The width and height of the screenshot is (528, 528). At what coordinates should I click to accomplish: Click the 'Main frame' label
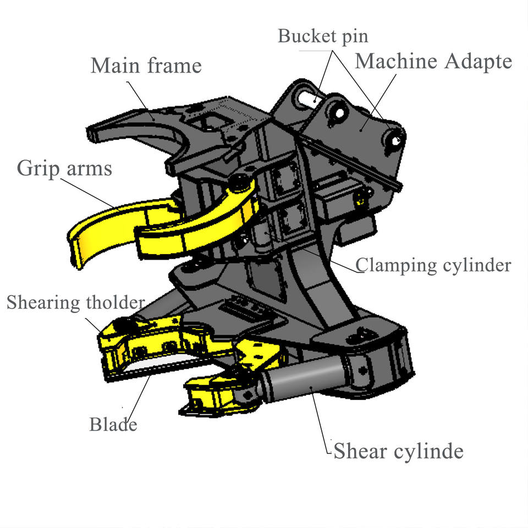click(146, 66)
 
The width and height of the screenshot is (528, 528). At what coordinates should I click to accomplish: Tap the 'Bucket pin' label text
click(323, 36)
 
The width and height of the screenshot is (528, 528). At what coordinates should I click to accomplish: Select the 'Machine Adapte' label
click(433, 61)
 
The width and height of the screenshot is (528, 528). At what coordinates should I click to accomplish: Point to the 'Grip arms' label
click(64, 168)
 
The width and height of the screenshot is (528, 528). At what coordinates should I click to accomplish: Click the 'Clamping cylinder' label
click(433, 265)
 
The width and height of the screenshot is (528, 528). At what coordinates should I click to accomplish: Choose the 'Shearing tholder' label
click(76, 302)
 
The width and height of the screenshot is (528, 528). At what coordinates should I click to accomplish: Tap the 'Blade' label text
click(113, 424)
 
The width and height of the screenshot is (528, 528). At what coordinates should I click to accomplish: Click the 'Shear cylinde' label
click(398, 452)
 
